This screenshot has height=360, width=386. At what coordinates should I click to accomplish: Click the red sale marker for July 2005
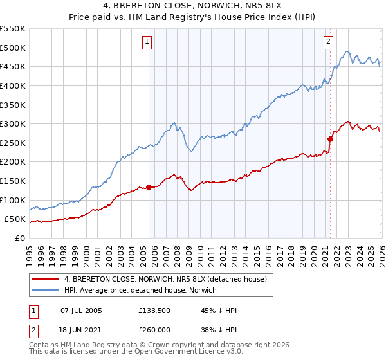tap(149, 187)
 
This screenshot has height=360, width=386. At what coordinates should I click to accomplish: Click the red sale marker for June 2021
tap(330, 138)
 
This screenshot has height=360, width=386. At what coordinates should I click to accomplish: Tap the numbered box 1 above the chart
tap(147, 41)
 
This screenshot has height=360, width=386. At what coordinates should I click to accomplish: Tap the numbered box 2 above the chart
tap(328, 41)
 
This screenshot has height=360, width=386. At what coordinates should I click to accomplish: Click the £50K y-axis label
tap(15, 219)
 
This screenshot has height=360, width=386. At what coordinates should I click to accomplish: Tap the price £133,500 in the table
tap(153, 310)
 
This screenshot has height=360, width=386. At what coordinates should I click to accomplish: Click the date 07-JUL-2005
tap(81, 310)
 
